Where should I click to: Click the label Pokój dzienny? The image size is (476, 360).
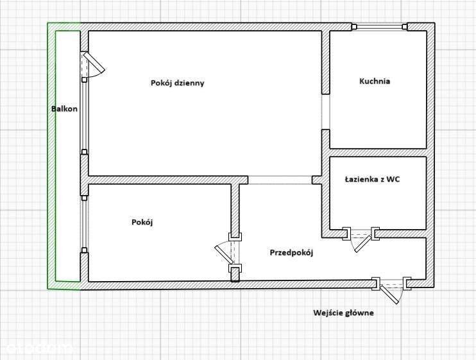tap(178, 83)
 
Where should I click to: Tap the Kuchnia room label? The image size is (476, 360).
tap(375, 81)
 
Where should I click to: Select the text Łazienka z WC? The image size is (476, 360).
tap(372, 180)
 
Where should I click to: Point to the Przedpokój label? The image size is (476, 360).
tap(291, 253)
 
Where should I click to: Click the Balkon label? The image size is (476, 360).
tap(64, 109)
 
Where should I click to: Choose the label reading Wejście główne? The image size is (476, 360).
tap(343, 313)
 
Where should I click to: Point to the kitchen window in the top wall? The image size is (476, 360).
tap(381, 27)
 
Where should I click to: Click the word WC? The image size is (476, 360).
tap(393, 180)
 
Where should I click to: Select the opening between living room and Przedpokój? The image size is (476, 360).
tap(280, 180)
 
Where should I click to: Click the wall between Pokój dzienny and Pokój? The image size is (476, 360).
tap(160, 180)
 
